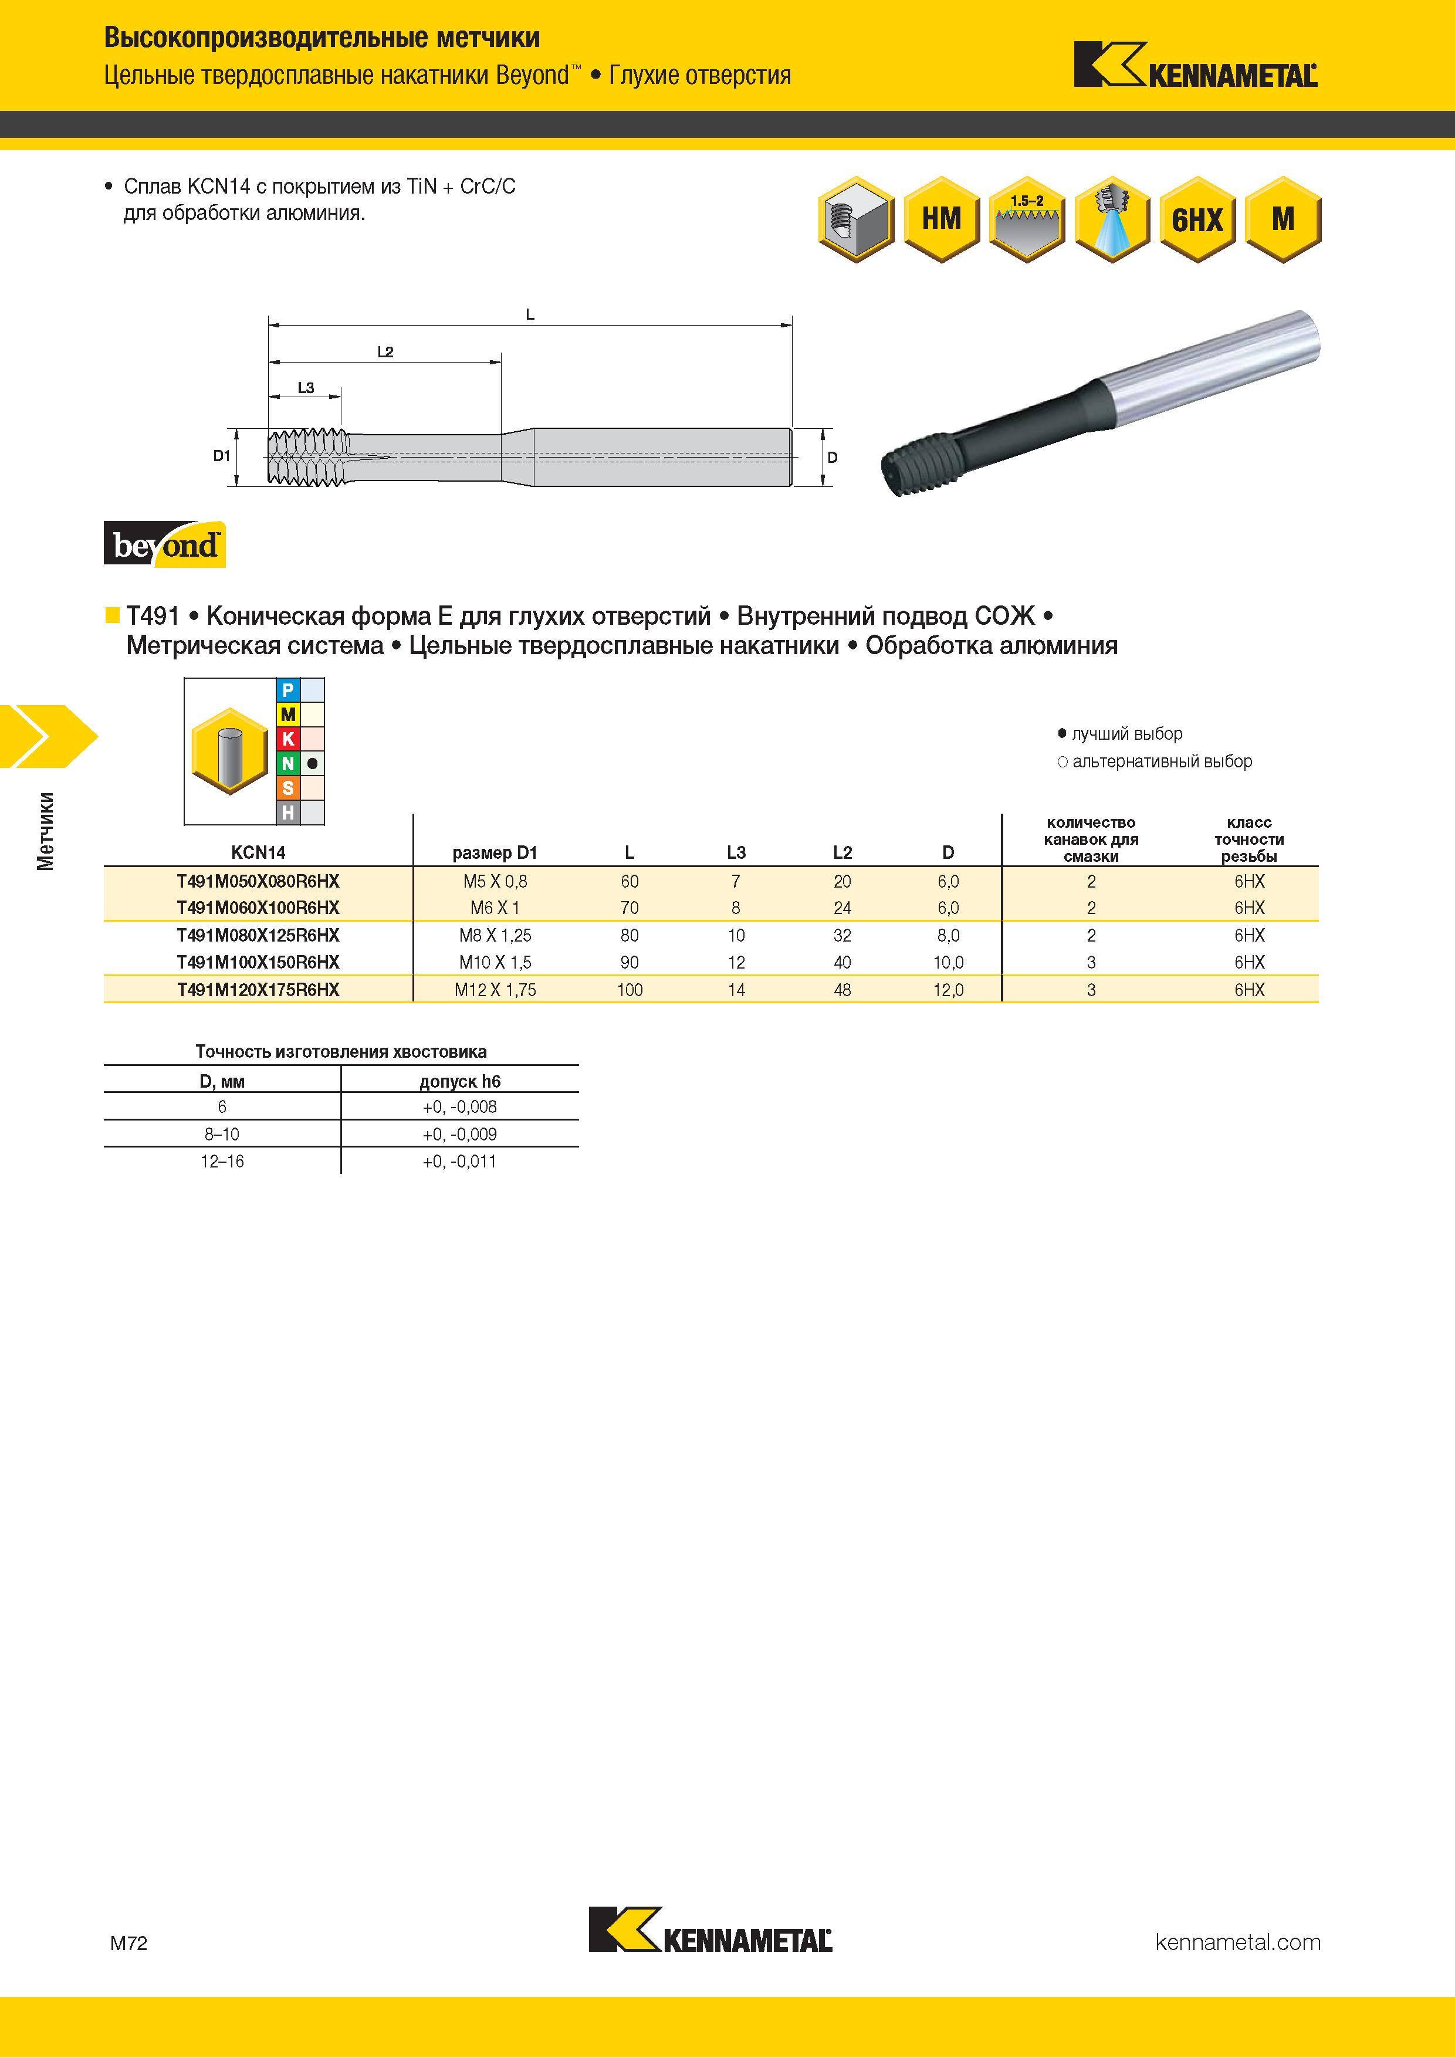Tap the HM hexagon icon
pyautogui.click(x=941, y=219)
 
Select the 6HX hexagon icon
pyautogui.click(x=1197, y=219)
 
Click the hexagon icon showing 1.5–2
pyautogui.click(x=1027, y=219)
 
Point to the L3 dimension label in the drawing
pyautogui.click(x=306, y=388)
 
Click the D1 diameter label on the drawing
pyautogui.click(x=221, y=456)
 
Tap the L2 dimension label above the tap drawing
pyautogui.click(x=385, y=352)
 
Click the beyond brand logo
pyautogui.click(x=165, y=544)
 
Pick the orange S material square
pyautogui.click(x=287, y=788)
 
